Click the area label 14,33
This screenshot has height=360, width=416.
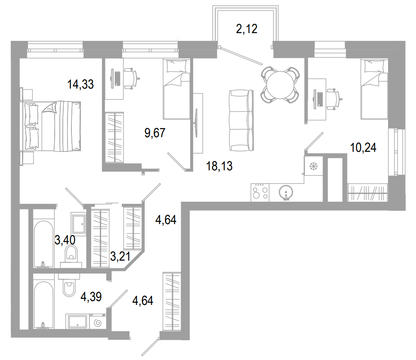80,84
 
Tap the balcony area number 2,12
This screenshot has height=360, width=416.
247,29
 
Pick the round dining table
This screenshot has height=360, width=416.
280,84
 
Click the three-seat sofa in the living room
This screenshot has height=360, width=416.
240,120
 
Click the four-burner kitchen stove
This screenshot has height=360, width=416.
260,191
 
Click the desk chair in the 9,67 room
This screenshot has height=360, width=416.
130,78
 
